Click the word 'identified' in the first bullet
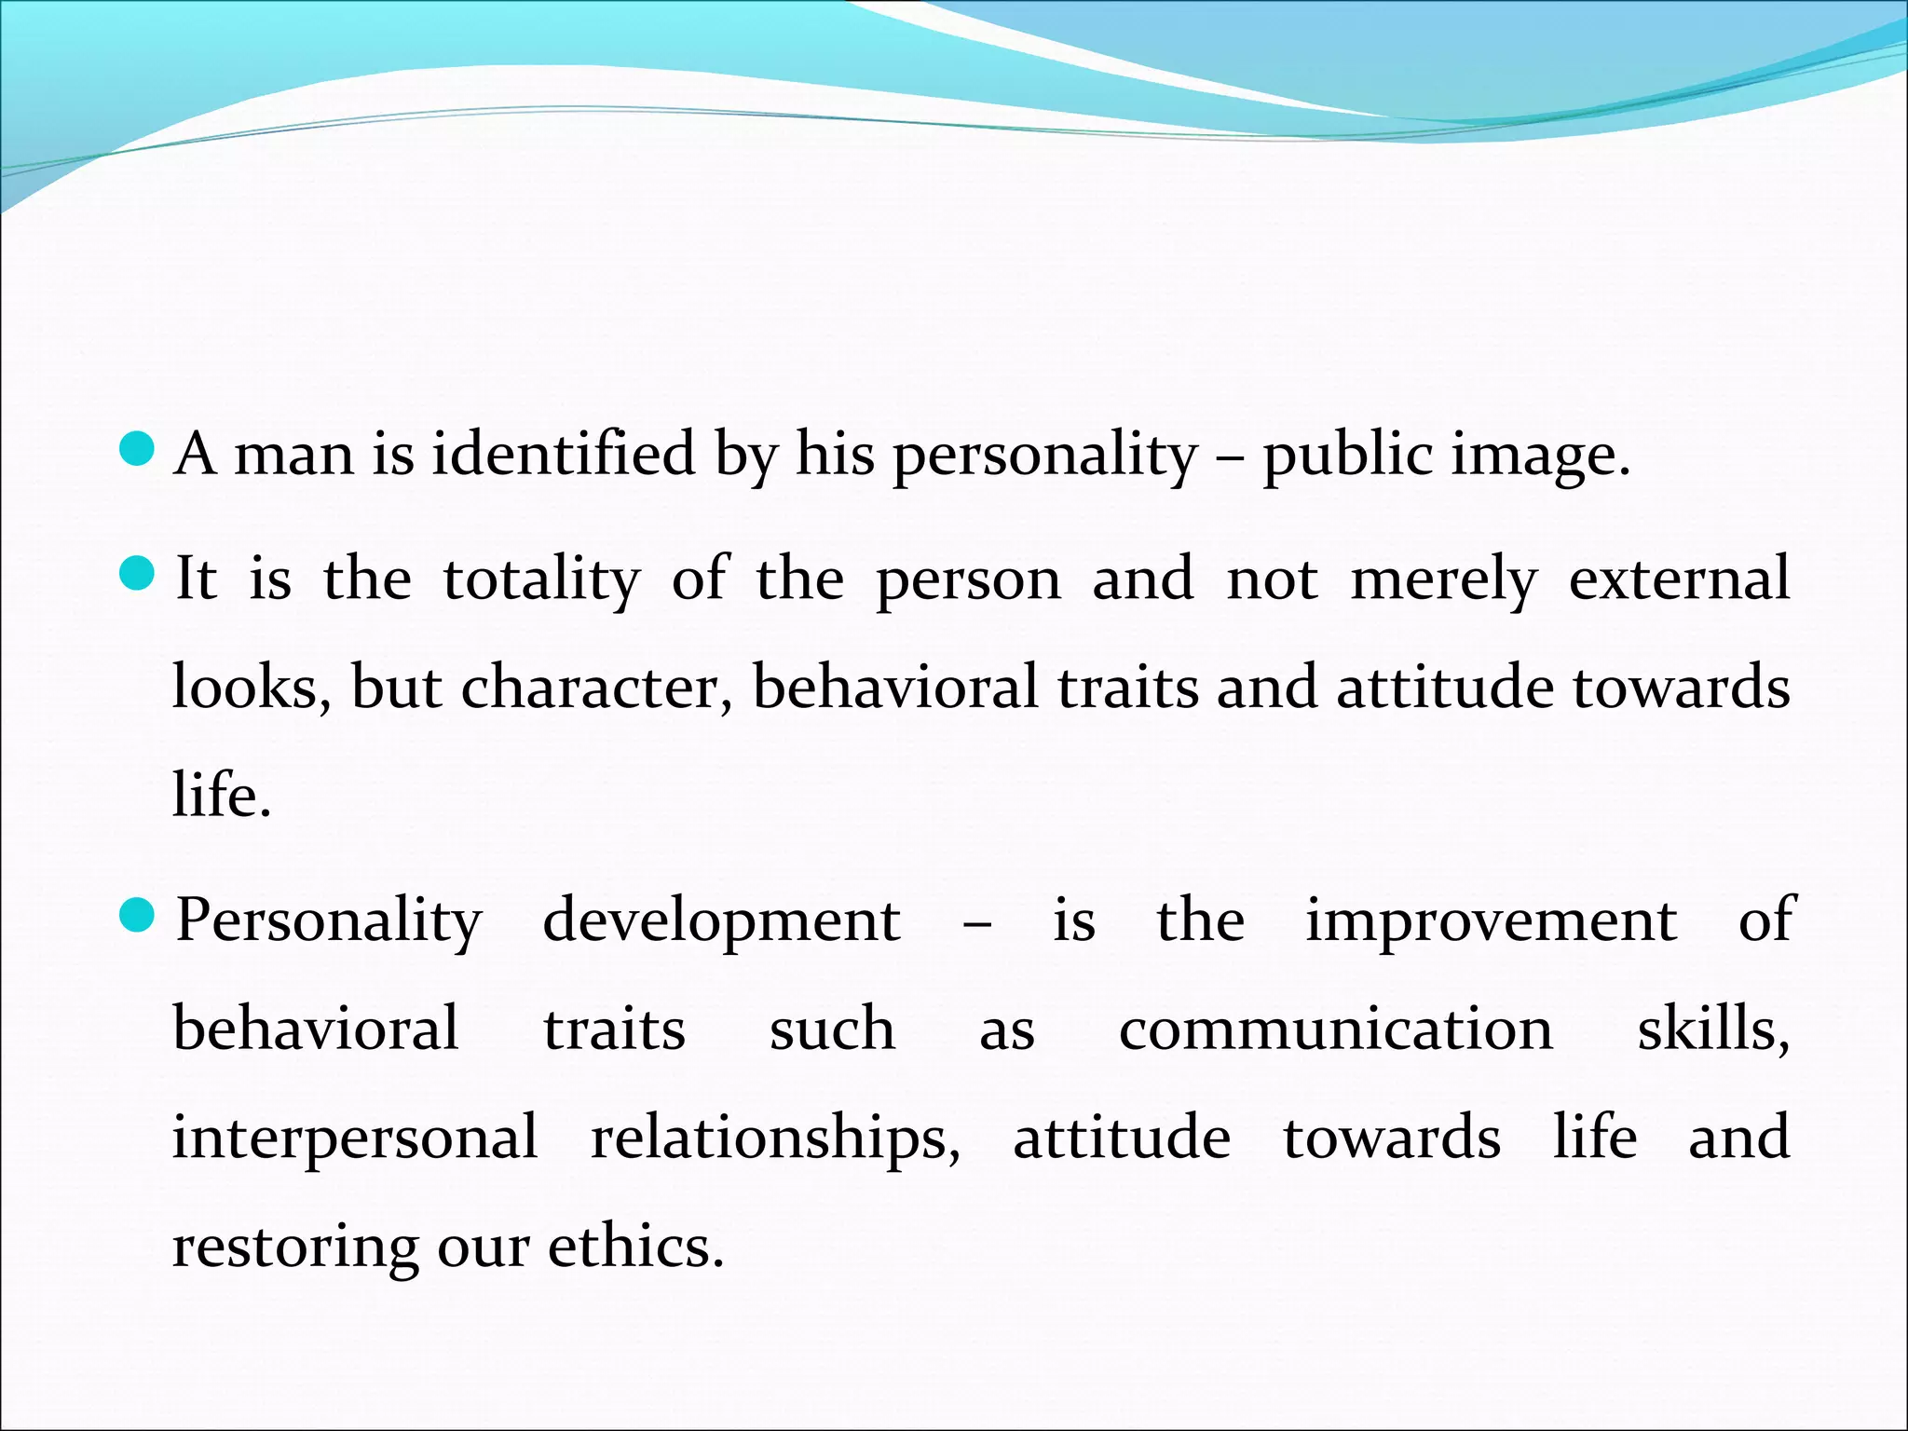click(x=563, y=455)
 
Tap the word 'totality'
click(x=541, y=579)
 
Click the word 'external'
click(x=1679, y=578)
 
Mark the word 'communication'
click(x=1336, y=1029)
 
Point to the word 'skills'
click(x=1712, y=1029)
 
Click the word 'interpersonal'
click(x=355, y=1138)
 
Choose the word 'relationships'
click(x=775, y=1138)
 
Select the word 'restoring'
click(x=295, y=1247)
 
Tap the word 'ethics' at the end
click(x=634, y=1246)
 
